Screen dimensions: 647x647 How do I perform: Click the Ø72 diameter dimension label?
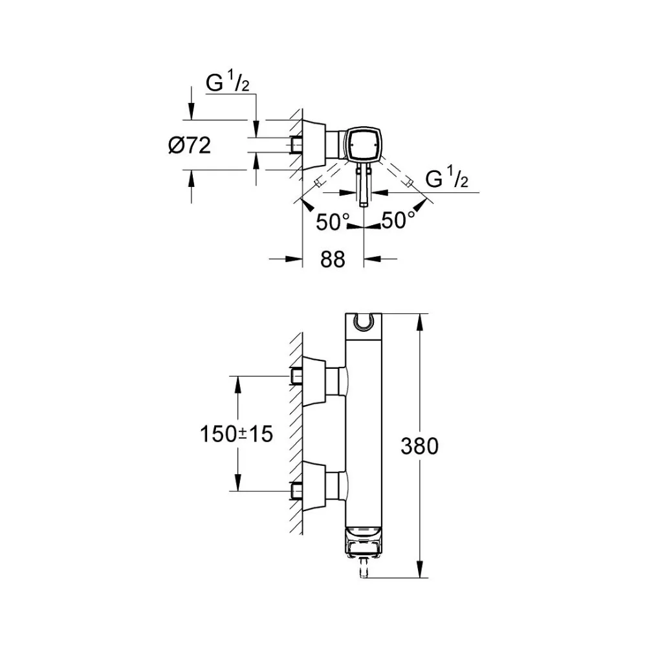(190, 145)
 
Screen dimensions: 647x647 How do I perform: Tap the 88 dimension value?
(333, 259)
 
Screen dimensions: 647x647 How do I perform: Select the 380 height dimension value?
(419, 446)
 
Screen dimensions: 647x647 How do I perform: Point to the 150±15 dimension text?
(236, 434)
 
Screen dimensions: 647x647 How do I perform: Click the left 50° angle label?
(333, 222)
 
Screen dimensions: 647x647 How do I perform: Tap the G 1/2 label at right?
(447, 177)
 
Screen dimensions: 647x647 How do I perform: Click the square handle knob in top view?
(363, 144)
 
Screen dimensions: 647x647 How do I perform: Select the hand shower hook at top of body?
(363, 323)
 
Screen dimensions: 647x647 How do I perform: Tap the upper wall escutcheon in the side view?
(314, 381)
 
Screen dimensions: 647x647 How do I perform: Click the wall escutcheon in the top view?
(314, 145)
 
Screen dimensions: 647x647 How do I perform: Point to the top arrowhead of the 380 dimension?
(420, 322)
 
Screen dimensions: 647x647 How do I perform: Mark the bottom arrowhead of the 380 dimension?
(420, 569)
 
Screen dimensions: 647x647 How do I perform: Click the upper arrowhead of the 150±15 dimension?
(237, 384)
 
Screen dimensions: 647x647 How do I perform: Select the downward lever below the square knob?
(363, 184)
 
